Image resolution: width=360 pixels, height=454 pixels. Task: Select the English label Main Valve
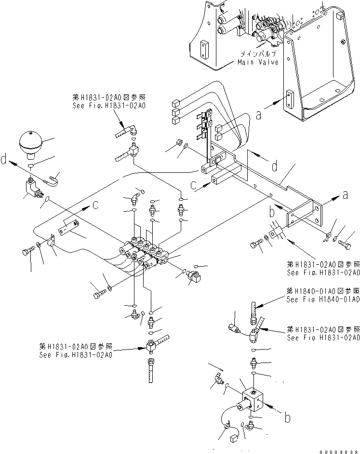pyautogui.click(x=258, y=63)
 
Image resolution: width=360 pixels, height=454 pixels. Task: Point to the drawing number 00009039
pyautogui.click(x=337, y=449)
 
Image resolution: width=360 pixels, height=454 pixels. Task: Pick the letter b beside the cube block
pyautogui.click(x=288, y=418)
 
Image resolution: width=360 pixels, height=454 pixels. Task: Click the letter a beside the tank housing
pyautogui.click(x=259, y=115)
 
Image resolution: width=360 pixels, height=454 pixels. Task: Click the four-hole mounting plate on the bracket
pyautogui.click(x=304, y=215)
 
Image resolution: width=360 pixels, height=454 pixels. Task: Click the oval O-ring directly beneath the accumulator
pyautogui.click(x=30, y=165)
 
